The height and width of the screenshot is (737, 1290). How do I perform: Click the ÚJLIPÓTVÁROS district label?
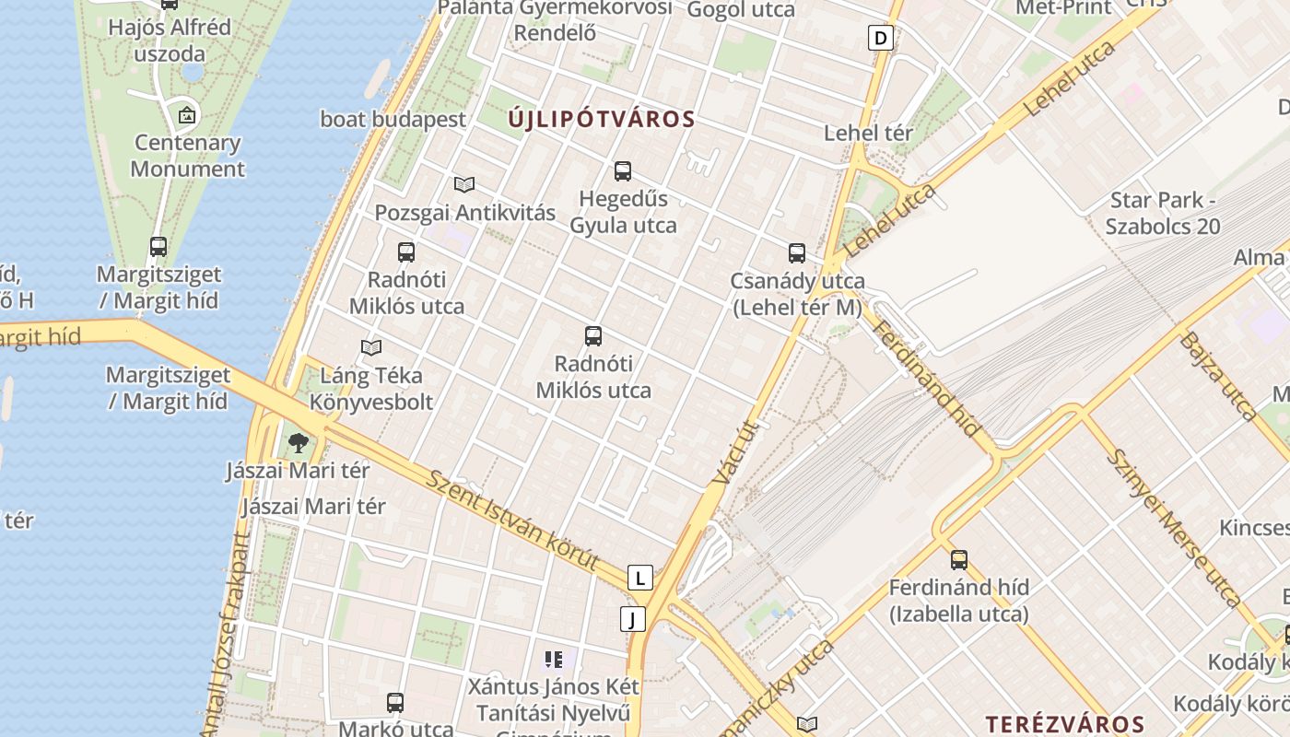(x=602, y=119)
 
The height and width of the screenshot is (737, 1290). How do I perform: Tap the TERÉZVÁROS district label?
(x=1065, y=724)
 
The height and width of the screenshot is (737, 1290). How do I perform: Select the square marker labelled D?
(x=882, y=38)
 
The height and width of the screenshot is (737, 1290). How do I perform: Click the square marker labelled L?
(x=639, y=578)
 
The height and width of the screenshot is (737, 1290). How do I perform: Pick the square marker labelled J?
(x=633, y=619)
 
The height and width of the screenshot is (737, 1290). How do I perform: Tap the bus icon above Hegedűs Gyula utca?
(x=623, y=170)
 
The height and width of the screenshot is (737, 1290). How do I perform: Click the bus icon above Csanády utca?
(x=797, y=252)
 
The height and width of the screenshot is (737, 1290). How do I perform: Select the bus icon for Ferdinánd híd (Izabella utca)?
(x=959, y=559)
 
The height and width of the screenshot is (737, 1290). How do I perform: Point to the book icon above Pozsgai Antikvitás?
(x=464, y=184)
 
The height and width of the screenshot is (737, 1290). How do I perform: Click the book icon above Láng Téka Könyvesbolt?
(x=371, y=347)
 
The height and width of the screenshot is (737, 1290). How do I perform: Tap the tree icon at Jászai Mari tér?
(x=298, y=443)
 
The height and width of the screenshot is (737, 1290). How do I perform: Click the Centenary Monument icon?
(x=187, y=115)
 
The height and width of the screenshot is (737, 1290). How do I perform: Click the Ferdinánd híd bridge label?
(x=927, y=379)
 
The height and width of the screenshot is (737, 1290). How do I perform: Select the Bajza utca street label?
(x=1216, y=375)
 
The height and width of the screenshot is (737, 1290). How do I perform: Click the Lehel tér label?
(x=868, y=133)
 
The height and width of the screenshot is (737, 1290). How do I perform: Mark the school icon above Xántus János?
(x=553, y=659)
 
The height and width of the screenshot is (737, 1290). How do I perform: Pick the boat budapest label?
(x=393, y=119)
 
